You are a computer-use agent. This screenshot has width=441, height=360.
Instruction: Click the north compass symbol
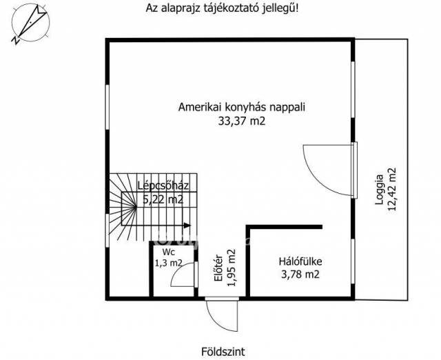tap(30, 23)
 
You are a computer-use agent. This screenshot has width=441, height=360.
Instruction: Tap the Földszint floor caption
tap(223, 352)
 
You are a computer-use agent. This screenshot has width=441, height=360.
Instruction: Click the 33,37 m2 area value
tap(242, 121)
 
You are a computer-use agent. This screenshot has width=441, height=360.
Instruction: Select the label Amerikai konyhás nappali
tap(242, 107)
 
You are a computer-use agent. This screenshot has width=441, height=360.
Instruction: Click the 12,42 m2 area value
tap(392, 190)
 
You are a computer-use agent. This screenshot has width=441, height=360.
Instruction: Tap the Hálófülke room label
tap(300, 261)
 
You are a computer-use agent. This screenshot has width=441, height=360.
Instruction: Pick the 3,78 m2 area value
tap(300, 274)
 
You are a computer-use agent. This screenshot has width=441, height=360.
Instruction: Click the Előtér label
tap(219, 268)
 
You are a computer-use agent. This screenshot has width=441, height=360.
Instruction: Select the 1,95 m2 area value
tap(232, 268)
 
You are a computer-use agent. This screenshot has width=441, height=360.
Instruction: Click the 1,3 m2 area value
tap(168, 263)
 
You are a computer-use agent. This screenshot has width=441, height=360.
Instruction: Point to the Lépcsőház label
tap(163, 186)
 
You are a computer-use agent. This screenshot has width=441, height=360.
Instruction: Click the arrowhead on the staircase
tap(187, 226)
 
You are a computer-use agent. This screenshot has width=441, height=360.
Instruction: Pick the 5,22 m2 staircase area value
tap(163, 200)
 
